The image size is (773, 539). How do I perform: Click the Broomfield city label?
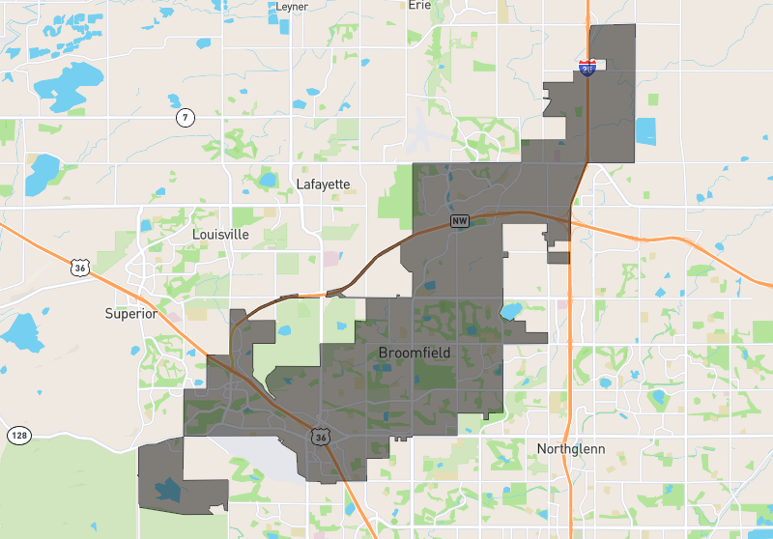click(415, 353)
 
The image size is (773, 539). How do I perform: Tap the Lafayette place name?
click(323, 184)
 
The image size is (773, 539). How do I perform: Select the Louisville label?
click(220, 234)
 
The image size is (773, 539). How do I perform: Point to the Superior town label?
click(130, 313)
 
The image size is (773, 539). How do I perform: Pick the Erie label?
click(419, 5)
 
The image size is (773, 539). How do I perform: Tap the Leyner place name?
click(291, 6)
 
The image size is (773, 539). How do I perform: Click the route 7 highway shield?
click(185, 118)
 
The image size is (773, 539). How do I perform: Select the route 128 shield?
click(18, 436)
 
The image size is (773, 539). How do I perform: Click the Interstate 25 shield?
click(587, 68)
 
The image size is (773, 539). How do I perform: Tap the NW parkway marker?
click(460, 221)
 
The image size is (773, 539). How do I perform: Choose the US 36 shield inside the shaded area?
click(320, 438)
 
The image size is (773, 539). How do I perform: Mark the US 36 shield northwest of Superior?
click(78, 266)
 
